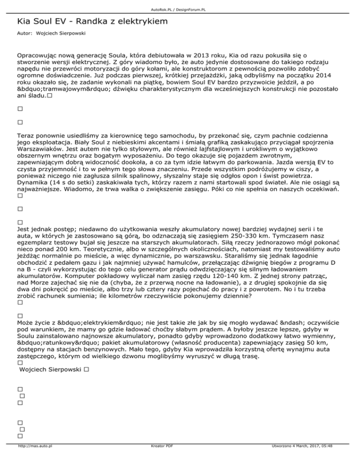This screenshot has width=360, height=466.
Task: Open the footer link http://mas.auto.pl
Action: point(35,459)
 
